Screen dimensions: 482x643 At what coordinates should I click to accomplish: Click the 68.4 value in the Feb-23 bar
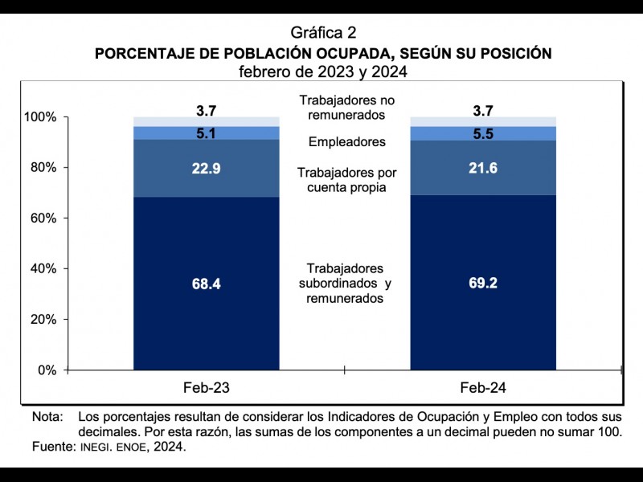point(207,284)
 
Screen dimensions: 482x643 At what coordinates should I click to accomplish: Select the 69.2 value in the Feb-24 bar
point(483,284)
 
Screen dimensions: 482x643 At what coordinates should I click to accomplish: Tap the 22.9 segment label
point(207,169)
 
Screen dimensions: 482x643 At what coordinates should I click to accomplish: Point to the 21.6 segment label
point(483,167)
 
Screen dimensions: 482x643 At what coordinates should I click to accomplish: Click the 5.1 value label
point(207,133)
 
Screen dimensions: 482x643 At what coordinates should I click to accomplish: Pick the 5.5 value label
point(483,133)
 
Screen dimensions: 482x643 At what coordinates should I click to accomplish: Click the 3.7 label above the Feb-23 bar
point(207,111)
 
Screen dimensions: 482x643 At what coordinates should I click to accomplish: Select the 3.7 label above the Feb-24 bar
point(483,111)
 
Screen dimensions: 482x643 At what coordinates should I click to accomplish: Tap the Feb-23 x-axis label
point(207,388)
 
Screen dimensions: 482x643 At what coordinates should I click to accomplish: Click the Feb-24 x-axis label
point(483,388)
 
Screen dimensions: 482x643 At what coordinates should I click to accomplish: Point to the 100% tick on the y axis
point(40,117)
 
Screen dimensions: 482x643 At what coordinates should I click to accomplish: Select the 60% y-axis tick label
point(43,219)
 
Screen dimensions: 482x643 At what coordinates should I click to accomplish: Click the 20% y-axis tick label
point(43,320)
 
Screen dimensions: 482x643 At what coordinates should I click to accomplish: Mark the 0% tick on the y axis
point(46,370)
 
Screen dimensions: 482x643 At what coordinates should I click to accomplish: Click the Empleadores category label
point(346,142)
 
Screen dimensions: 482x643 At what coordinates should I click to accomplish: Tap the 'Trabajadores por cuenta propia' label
point(346,180)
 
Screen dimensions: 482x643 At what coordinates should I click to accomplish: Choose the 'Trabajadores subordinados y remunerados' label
point(346,283)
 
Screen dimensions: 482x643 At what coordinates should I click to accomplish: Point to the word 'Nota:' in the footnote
point(47,417)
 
